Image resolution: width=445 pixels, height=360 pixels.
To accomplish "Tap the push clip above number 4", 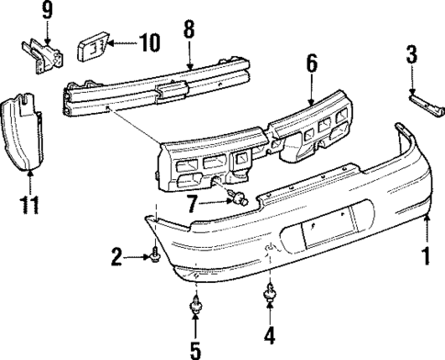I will (271, 296).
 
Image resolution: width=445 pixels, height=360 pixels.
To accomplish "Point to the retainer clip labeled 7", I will (240, 199).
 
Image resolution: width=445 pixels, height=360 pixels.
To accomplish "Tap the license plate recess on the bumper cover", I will (322, 234).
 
